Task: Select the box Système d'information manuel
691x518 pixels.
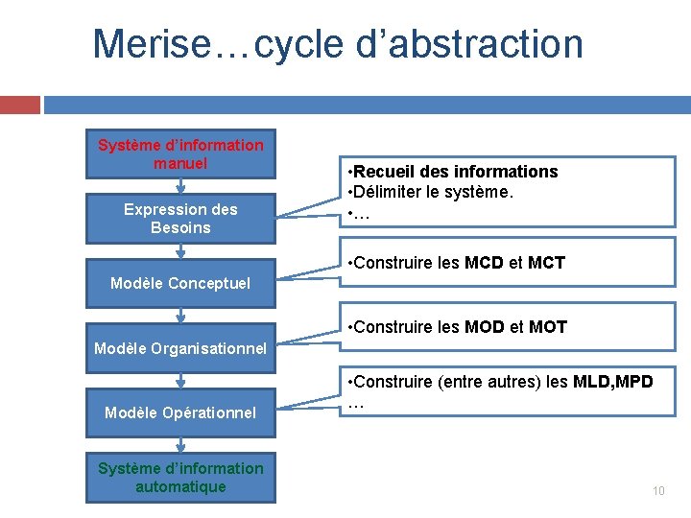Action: tap(180, 154)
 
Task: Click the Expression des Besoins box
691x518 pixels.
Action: tap(180, 219)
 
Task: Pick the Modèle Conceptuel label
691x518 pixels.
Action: tap(180, 283)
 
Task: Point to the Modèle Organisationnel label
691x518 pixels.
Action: tap(180, 348)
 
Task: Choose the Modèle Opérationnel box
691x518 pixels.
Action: tap(180, 412)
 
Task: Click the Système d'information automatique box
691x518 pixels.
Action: tap(180, 478)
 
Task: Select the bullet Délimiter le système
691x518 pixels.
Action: tap(434, 193)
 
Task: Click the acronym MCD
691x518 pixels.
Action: tap(487, 263)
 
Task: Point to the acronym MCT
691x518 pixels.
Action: tap(547, 263)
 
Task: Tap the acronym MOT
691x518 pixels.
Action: tap(548, 327)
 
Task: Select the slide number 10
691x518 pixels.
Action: tap(658, 491)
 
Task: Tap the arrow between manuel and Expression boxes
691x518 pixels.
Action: tap(180, 188)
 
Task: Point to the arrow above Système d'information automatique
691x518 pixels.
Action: tap(180, 444)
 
